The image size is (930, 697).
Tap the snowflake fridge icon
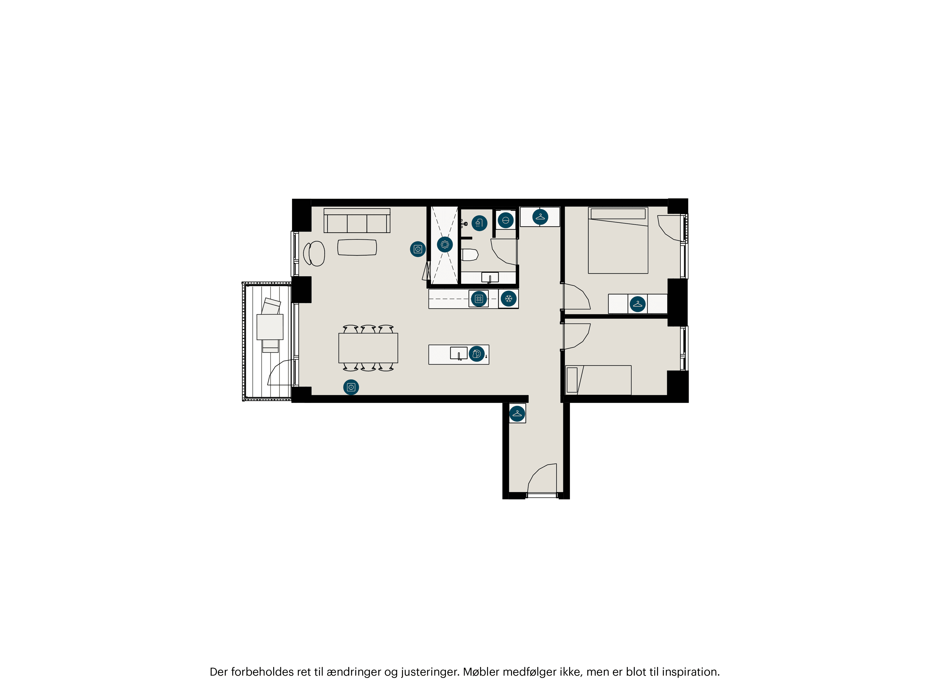coord(509,299)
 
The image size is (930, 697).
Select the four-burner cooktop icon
coord(479,299)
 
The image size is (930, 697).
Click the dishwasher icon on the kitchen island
coord(476,354)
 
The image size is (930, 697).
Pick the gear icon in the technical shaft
coord(445,244)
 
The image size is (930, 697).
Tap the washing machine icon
coord(505,220)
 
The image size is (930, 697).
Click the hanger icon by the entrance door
coord(517,414)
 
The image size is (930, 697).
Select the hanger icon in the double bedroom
coord(638,304)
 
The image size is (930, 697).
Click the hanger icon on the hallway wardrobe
coord(540,217)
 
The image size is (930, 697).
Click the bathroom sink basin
coord(490,277)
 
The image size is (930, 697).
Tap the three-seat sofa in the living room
coord(357,221)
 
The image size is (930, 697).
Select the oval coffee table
coord(357,247)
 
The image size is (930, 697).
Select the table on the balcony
coord(270,327)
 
